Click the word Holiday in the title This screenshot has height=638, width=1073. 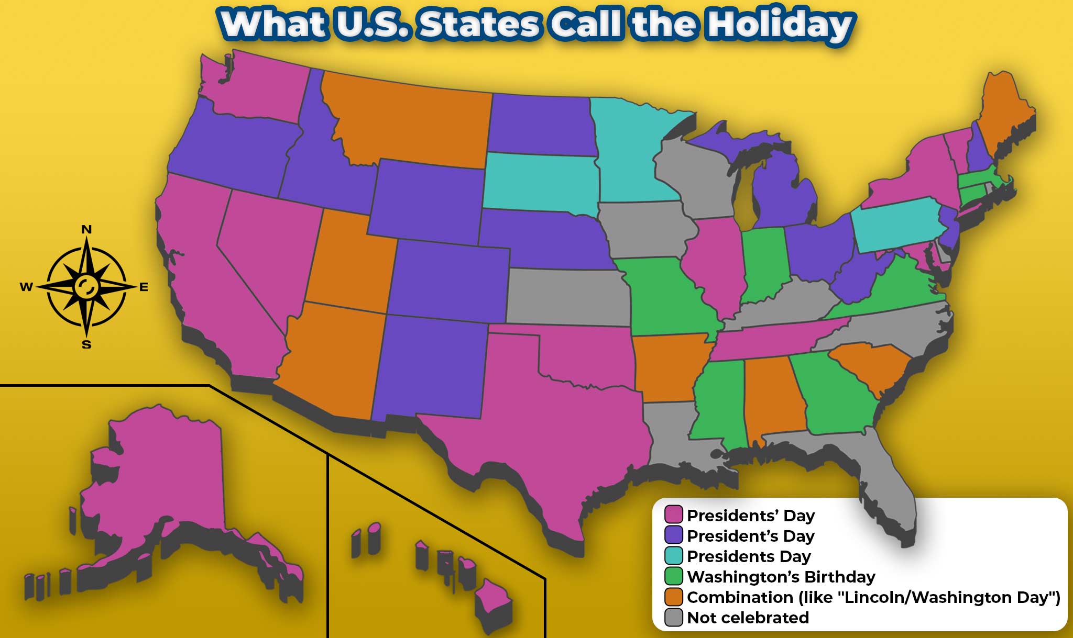click(779, 25)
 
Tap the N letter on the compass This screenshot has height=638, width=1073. click(87, 229)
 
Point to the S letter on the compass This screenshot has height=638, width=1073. click(87, 345)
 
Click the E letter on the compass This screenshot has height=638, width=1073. click(144, 287)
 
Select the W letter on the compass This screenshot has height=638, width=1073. click(26, 287)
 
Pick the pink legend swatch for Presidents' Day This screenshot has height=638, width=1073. click(674, 515)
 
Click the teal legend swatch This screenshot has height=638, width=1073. click(674, 556)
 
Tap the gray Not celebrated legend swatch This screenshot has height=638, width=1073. click(674, 618)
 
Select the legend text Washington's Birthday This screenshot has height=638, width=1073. click(781, 577)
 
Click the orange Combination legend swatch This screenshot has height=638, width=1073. click(674, 597)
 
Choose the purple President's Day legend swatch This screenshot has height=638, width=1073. click(674, 535)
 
